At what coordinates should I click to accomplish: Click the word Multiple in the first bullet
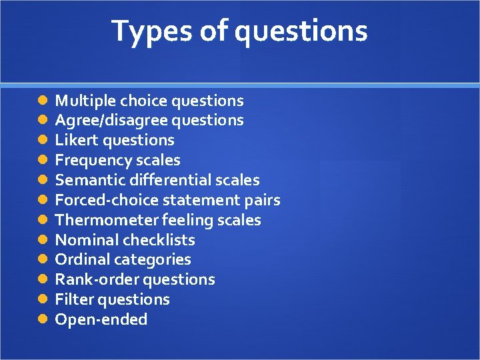coord(83,101)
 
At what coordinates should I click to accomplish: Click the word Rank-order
coord(93,279)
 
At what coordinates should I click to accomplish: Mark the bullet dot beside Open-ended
coord(42,319)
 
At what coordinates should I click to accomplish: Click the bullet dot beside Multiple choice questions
coord(42,101)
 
